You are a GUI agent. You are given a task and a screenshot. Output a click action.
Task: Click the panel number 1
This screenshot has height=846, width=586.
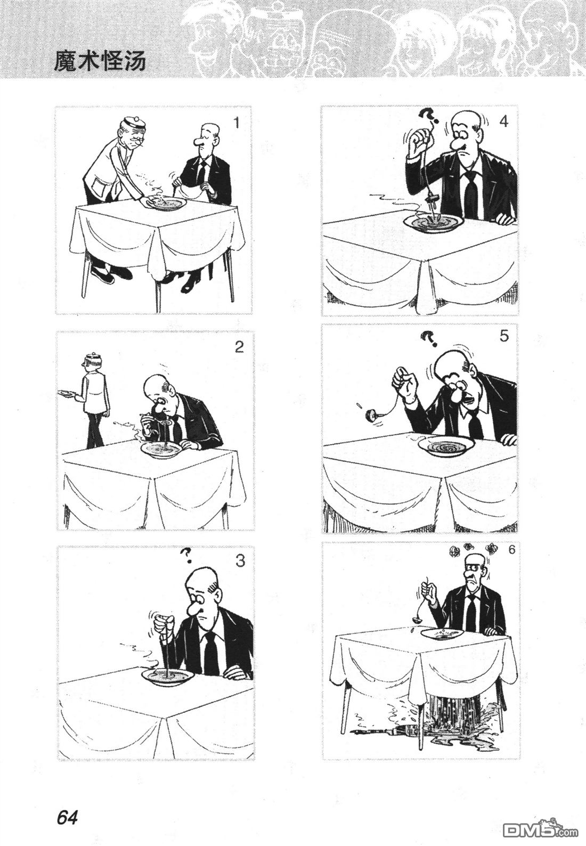(237, 123)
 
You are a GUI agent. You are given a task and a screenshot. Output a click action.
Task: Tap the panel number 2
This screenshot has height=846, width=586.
(239, 347)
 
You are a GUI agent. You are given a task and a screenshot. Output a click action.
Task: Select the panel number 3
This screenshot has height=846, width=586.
(240, 561)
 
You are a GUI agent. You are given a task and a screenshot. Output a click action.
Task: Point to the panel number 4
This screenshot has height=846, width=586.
(504, 121)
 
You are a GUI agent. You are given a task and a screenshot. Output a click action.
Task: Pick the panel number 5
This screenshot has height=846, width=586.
(504, 336)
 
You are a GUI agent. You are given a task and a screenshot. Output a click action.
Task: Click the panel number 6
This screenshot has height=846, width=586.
(511, 550)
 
